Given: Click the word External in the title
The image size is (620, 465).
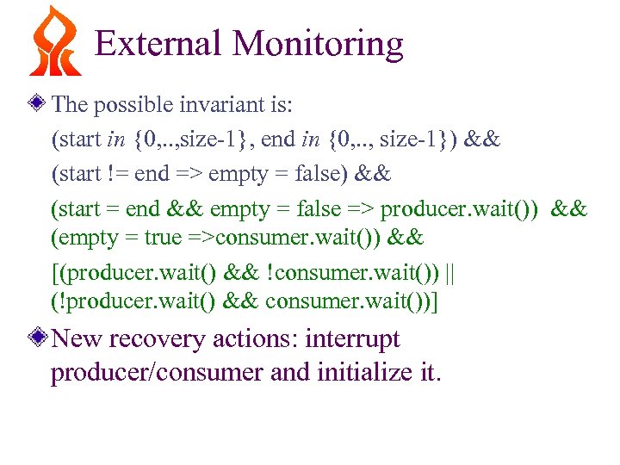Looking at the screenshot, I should (x=158, y=43).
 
